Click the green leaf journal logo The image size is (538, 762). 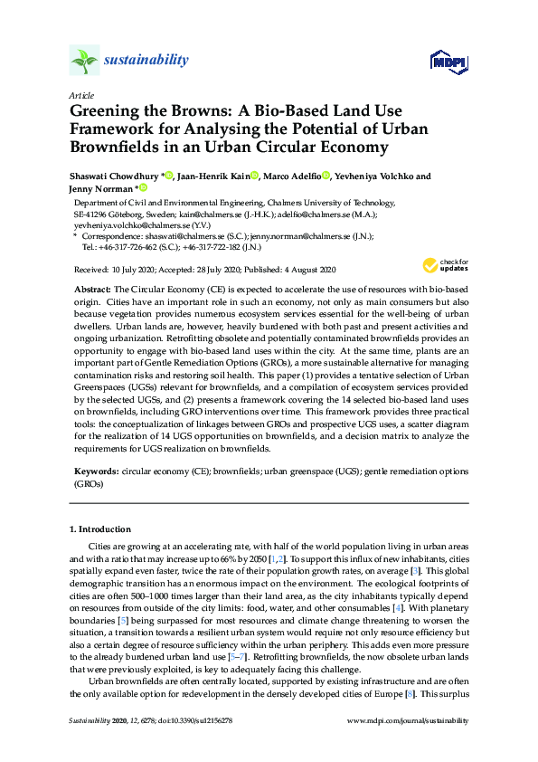(x=83, y=61)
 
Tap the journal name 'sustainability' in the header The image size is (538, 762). (x=146, y=61)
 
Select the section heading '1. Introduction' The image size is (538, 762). (x=100, y=529)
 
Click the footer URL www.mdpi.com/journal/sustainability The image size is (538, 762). (x=408, y=745)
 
